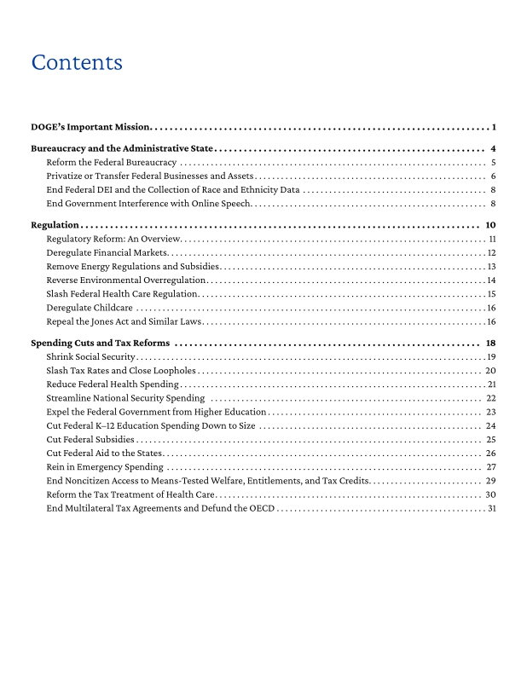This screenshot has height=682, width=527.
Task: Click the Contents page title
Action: [77, 63]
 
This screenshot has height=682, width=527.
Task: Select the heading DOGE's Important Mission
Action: [90, 128]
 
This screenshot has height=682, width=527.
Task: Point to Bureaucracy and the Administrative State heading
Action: [120, 148]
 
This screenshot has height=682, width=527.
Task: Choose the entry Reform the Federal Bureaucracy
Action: [111, 162]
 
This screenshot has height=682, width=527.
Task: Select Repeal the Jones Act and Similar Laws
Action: [125, 321]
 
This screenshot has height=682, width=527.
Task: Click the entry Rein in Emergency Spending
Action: [105, 467]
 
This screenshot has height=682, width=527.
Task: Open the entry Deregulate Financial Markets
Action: [107, 252]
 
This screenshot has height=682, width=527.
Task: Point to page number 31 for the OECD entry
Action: [491, 509]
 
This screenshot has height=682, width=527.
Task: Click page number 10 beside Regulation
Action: [490, 225]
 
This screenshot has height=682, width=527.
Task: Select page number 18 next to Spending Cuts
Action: [490, 343]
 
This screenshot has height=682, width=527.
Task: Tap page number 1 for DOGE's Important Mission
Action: [494, 128]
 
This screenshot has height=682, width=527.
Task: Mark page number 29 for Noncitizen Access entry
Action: [490, 481]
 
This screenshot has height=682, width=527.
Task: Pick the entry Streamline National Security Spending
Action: [125, 398]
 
